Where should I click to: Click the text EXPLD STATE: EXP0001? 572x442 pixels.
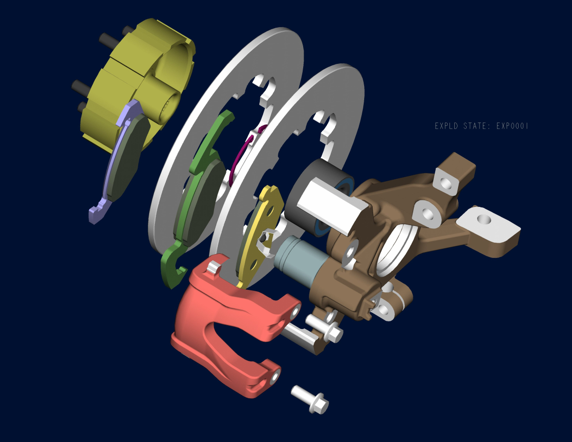tap(481, 126)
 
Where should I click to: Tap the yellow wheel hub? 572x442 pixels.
tap(137, 79)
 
